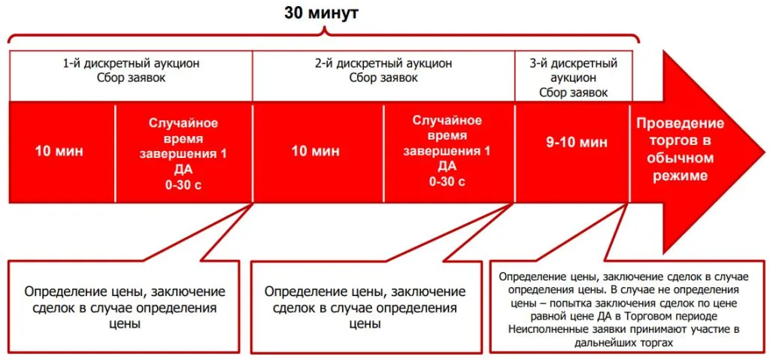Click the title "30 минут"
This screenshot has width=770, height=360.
pyautogui.click(x=322, y=14)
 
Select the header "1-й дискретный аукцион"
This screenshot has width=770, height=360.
pyautogui.click(x=131, y=64)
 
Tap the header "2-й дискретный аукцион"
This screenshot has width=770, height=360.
pyautogui.click(x=383, y=64)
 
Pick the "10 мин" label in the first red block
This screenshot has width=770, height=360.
pyautogui.click(x=59, y=151)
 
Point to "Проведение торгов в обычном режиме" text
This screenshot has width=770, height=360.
pyautogui.click(x=681, y=149)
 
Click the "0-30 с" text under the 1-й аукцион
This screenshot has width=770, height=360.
pyautogui.click(x=183, y=186)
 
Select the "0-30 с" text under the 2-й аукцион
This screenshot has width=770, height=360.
pyautogui.click(x=447, y=182)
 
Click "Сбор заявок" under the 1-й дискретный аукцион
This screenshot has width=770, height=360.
pyautogui.click(x=131, y=78)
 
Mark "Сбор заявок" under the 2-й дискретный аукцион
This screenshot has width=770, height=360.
pyautogui.click(x=383, y=78)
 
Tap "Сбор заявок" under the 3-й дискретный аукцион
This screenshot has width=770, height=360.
pyautogui.click(x=573, y=92)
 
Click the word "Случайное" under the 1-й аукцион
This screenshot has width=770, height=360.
pyautogui.click(x=183, y=123)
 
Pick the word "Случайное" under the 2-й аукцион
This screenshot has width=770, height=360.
pyautogui.click(x=447, y=119)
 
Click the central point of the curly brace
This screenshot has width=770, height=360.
pyautogui.click(x=325, y=32)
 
